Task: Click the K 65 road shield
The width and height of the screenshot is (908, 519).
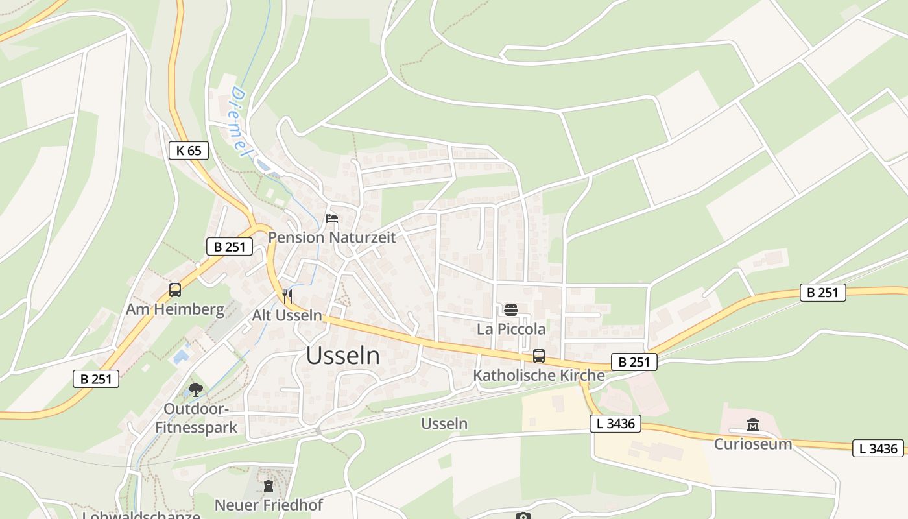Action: (189, 151)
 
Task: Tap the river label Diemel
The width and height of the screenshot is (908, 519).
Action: (239, 121)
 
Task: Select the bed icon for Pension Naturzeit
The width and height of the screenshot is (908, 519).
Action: (332, 218)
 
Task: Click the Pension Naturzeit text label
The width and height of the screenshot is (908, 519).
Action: (331, 237)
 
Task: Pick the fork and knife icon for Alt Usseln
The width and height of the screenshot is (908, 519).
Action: (287, 296)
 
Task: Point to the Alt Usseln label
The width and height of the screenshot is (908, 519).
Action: (287, 316)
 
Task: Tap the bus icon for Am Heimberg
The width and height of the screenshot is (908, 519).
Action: (175, 290)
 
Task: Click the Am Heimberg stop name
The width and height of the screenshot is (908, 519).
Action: (175, 309)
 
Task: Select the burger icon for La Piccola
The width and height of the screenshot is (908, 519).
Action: (511, 310)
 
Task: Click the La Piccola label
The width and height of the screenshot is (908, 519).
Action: (511, 330)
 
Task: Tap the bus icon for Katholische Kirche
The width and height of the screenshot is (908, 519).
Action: (539, 356)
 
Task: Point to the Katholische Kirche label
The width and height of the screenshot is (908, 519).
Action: (539, 375)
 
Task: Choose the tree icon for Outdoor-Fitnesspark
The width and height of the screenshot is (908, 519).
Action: (196, 389)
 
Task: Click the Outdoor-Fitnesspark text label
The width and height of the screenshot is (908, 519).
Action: (196, 418)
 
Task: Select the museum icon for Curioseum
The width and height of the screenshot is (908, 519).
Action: (753, 425)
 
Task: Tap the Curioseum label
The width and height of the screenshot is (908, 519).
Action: (753, 444)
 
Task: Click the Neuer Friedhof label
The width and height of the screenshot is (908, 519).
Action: (269, 505)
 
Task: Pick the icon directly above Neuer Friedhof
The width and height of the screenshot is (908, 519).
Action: (269, 485)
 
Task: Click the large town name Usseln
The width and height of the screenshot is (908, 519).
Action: (343, 356)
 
